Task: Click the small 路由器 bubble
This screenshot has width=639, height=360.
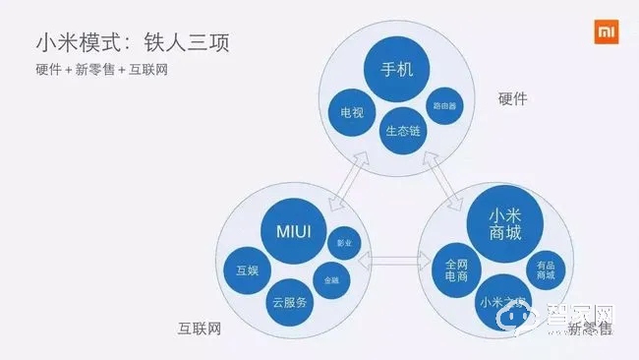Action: tap(443, 105)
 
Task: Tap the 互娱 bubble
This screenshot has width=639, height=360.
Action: tap(247, 270)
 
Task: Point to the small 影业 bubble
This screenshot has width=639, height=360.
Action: tap(343, 242)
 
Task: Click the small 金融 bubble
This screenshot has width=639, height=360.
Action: tap(331, 279)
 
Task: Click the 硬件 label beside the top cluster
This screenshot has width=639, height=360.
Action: tap(513, 99)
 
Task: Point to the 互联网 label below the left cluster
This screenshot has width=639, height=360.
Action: tap(199, 328)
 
